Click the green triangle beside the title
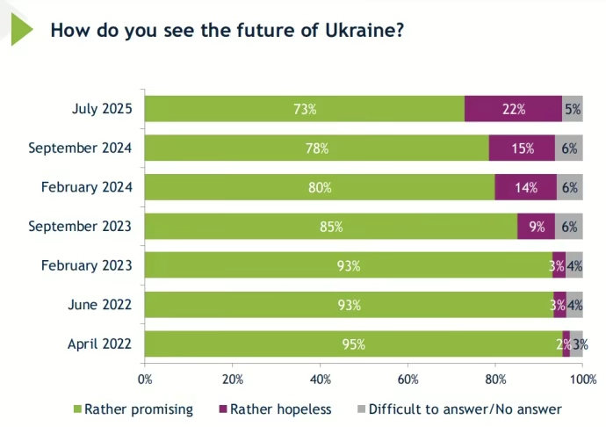[x=20, y=28]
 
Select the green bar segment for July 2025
[x=305, y=109]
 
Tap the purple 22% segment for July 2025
[x=513, y=109]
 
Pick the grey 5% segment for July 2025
[x=572, y=109]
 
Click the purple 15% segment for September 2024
[x=522, y=148]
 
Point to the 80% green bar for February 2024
[x=320, y=187]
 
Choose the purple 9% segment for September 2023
[x=536, y=227]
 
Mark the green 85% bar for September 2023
[x=331, y=227]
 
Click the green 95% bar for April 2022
[x=353, y=344]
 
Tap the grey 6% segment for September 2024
[x=569, y=148]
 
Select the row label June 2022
[x=99, y=305]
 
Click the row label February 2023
[x=86, y=265]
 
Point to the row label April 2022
[x=99, y=344]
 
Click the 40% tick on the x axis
[x=320, y=380]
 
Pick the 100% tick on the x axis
[x=581, y=380]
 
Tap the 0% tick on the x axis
[x=145, y=380]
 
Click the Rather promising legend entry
[x=133, y=409]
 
